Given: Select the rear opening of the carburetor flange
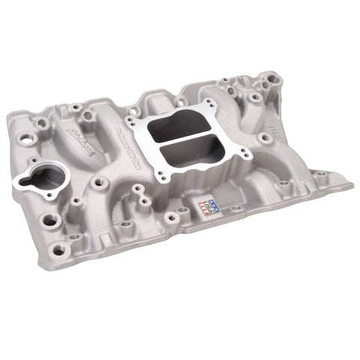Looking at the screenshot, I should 198,127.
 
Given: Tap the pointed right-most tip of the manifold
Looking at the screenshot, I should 351,182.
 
